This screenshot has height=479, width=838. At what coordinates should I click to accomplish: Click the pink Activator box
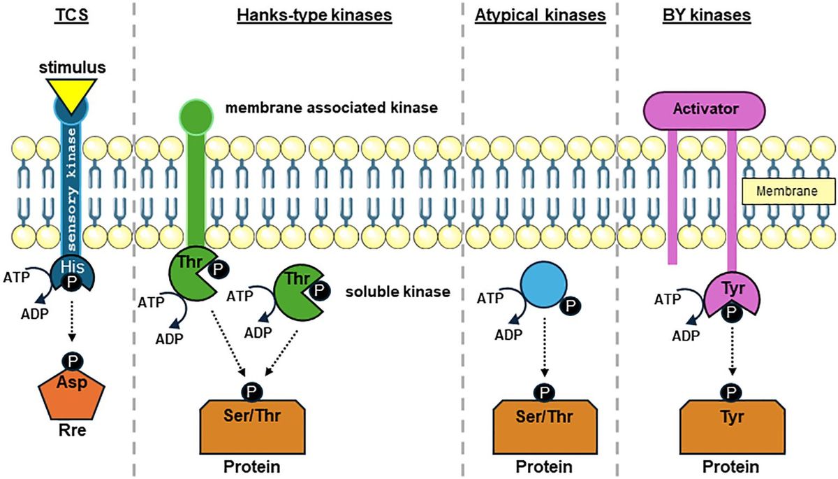[x=704, y=109]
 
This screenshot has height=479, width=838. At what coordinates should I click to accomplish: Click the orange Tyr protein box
[x=730, y=418]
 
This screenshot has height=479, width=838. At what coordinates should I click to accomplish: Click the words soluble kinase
[x=397, y=292]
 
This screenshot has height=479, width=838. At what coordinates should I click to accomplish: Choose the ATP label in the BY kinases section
[x=668, y=300]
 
